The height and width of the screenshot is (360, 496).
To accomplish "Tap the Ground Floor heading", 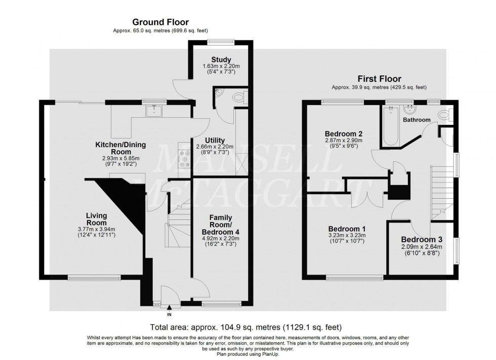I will (x=160, y=22).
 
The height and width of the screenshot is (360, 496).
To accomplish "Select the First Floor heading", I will (x=379, y=79).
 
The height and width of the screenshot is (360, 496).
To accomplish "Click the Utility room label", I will (x=215, y=140).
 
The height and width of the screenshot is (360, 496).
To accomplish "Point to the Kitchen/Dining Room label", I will (x=120, y=148).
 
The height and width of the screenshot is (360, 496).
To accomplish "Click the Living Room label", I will (x=96, y=219).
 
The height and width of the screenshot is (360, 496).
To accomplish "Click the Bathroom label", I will (x=417, y=120).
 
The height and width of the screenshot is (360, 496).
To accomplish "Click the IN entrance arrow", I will (x=169, y=307).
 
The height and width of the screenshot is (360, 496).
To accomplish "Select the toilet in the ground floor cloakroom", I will (x=237, y=97).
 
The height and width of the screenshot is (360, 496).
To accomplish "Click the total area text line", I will (x=245, y=327).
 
